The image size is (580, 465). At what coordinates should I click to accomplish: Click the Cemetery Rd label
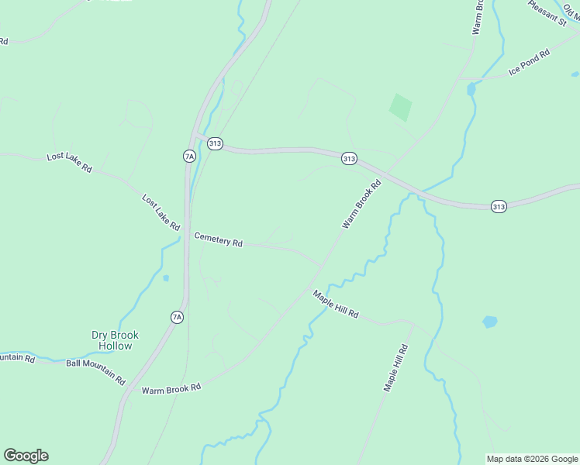tap(218, 239)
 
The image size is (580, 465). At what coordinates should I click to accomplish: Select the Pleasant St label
tap(548, 13)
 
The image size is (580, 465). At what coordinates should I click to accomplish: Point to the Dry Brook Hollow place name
tap(115, 340)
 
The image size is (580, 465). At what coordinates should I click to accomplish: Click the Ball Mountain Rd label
tap(95, 371)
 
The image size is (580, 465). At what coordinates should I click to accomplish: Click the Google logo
tap(26, 456)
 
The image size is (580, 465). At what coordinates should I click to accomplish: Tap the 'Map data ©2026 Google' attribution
tap(532, 459)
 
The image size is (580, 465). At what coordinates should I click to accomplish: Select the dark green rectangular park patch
tap(400, 107)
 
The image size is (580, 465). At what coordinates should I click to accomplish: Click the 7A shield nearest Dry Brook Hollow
tap(177, 317)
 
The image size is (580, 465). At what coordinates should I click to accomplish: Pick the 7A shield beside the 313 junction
tap(189, 157)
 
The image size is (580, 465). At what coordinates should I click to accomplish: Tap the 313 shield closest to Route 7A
tap(216, 143)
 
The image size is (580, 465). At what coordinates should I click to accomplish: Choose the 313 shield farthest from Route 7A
tap(499, 206)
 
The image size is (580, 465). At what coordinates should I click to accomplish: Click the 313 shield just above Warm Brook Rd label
tap(349, 158)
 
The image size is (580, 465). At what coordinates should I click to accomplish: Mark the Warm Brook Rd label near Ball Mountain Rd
tap(171, 387)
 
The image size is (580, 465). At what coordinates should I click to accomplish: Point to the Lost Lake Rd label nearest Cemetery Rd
tap(161, 212)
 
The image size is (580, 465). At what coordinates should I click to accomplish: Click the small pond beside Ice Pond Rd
tap(471, 89)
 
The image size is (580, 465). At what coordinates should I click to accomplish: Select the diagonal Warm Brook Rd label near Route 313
tap(363, 204)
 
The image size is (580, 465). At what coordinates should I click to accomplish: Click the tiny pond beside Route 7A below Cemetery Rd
tap(166, 278)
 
